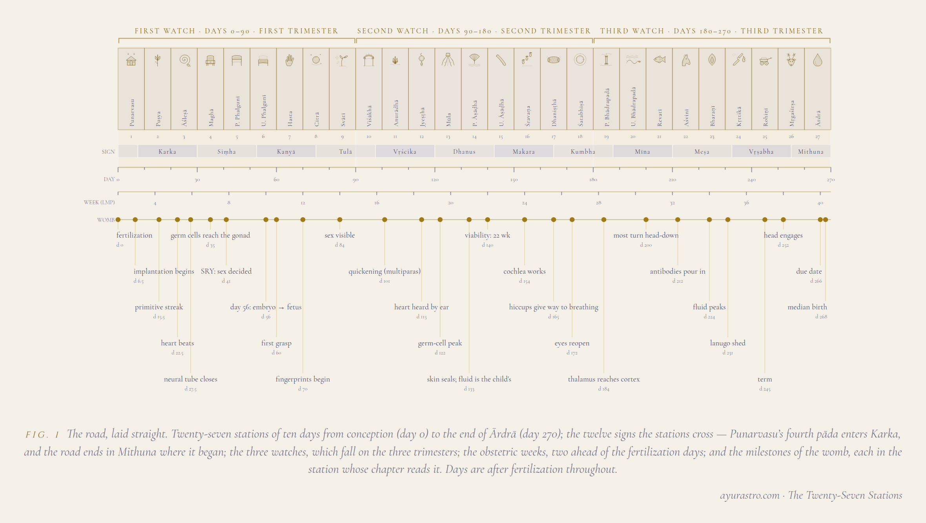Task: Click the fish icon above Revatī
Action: pyautogui.click(x=660, y=60)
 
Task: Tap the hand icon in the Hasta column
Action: pyautogui.click(x=290, y=60)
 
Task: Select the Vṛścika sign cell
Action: pyautogui.click(x=405, y=151)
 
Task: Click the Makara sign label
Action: pyautogui.click(x=524, y=152)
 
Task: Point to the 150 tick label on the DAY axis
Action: pyautogui.click(x=514, y=180)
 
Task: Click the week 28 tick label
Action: pyautogui.click(x=598, y=203)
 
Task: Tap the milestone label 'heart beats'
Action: pyautogui.click(x=177, y=343)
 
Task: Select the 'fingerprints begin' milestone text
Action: pyautogui.click(x=303, y=379)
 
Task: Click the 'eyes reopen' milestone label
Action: pyautogui.click(x=572, y=343)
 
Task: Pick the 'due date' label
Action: pyautogui.click(x=809, y=271)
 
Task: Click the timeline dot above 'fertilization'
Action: pyautogui.click(x=118, y=220)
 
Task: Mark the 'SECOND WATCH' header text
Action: pyautogui.click(x=393, y=31)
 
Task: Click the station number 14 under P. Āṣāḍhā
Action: pyautogui.click(x=474, y=137)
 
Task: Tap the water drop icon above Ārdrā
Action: pyautogui.click(x=818, y=60)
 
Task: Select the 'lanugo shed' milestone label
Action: pyautogui.click(x=728, y=343)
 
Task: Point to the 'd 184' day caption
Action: pyautogui.click(x=604, y=389)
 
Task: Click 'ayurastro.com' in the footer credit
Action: pyautogui.click(x=750, y=496)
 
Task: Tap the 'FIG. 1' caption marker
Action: pyautogui.click(x=42, y=434)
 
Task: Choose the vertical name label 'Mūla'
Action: pyautogui.click(x=448, y=120)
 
